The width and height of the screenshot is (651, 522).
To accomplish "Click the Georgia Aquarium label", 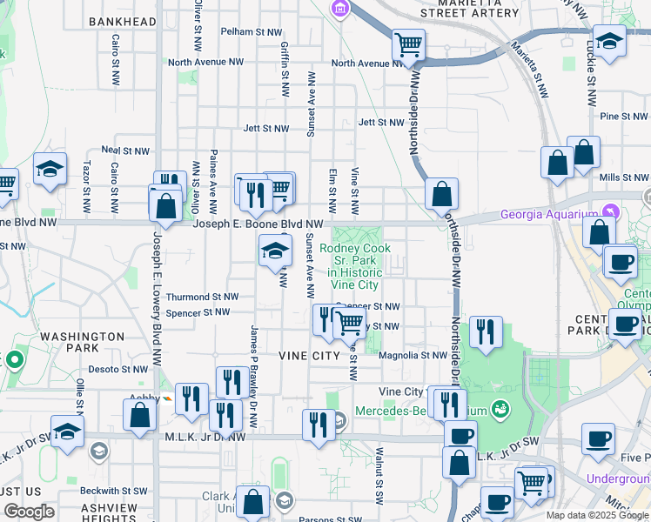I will click(549, 215).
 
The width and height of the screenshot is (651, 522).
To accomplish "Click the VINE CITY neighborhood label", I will click(308, 356).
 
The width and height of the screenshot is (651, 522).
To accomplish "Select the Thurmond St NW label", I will click(202, 297).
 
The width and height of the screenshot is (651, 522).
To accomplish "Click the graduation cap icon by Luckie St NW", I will click(610, 40).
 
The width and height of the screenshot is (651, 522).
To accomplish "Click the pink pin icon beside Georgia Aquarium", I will click(611, 213).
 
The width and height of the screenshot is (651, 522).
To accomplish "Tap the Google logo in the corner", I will click(30, 512).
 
